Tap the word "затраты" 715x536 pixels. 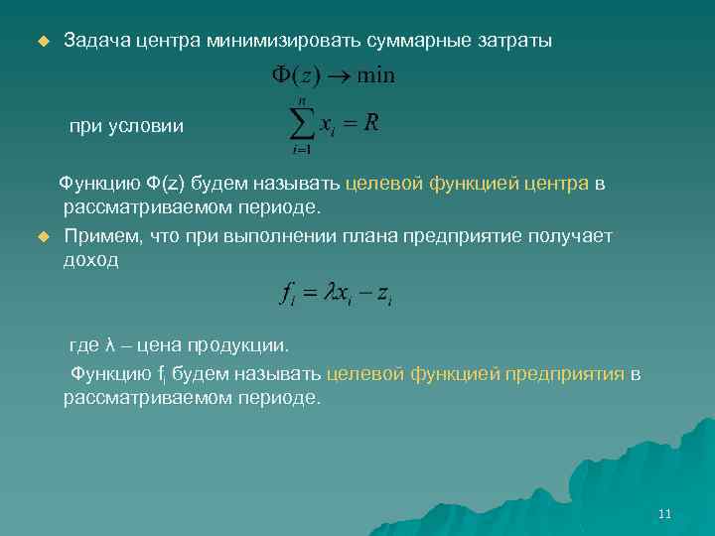(x=510, y=42)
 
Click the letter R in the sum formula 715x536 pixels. (x=371, y=123)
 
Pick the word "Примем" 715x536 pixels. (x=100, y=236)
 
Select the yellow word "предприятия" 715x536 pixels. (x=565, y=374)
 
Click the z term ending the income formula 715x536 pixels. (x=384, y=295)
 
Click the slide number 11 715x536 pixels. (x=664, y=514)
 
